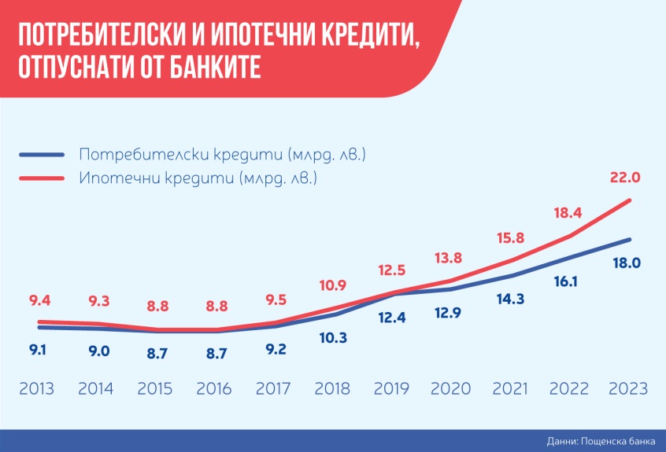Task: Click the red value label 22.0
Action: [625, 178]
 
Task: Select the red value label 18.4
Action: [567, 213]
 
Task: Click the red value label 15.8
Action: [509, 237]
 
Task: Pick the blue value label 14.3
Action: [508, 299]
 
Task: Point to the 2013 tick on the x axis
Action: [38, 388]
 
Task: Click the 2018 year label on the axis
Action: [332, 388]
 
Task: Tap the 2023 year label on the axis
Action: [627, 388]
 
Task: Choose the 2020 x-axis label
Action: [450, 388]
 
